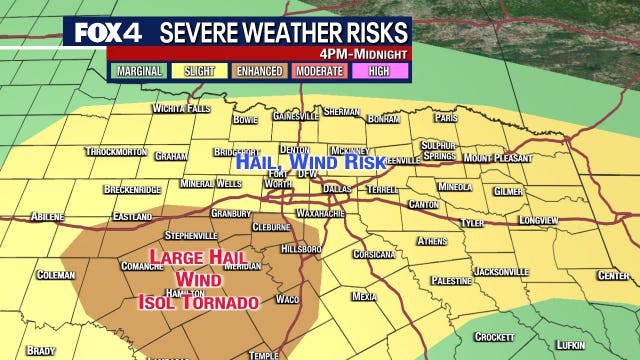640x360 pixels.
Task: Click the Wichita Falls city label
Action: coord(182,108)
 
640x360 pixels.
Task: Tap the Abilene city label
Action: coord(47,215)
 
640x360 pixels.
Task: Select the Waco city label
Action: coord(288,299)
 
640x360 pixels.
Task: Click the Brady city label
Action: coord(40,351)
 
